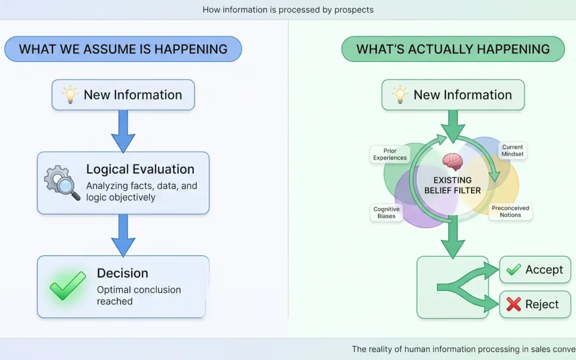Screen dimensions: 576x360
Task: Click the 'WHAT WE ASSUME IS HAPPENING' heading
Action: [123, 49]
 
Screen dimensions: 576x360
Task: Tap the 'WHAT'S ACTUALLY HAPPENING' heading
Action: [453, 49]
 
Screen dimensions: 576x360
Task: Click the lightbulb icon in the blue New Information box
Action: [70, 95]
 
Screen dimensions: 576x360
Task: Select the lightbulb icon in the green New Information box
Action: [399, 95]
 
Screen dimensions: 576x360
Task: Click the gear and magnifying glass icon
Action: [62, 182]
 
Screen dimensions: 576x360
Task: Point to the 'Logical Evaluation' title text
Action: [140, 169]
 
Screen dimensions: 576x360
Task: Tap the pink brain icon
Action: [453, 162]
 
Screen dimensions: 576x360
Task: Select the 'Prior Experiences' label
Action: [390, 154]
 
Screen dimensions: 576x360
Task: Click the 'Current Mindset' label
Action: [513, 150]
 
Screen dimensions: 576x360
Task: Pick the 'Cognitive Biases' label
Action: [387, 212]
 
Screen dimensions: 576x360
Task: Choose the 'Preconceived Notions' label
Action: [510, 211]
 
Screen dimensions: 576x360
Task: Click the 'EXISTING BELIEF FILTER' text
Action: [453, 185]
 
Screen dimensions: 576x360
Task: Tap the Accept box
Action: [535, 270]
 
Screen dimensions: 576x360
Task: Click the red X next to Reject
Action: [514, 304]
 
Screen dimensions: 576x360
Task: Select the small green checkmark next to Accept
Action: [514, 270]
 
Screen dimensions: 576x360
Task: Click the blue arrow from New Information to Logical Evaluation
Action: [123, 131]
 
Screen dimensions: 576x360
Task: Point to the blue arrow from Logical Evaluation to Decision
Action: [123, 236]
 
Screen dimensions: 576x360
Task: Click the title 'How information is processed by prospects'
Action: [288, 10]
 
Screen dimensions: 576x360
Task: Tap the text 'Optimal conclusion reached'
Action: [139, 295]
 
